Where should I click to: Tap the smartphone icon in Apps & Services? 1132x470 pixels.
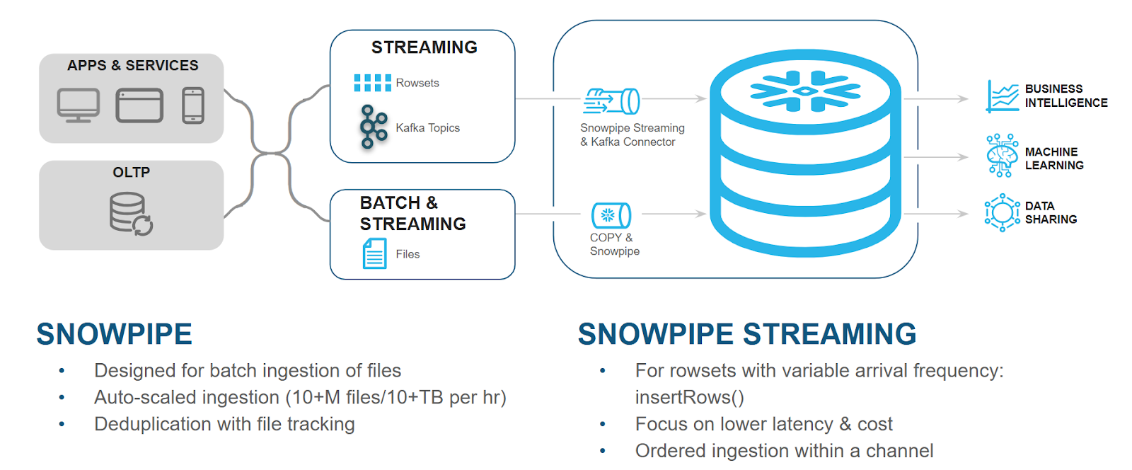(193, 105)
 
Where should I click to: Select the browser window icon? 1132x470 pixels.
(139, 105)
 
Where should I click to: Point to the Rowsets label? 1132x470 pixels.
(417, 83)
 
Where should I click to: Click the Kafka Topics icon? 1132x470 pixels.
(373, 127)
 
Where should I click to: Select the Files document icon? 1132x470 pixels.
(374, 253)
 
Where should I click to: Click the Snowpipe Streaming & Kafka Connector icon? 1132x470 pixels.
(611, 101)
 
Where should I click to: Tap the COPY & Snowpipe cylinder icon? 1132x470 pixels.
(611, 215)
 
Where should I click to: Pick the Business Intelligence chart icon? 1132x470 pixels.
(1003, 96)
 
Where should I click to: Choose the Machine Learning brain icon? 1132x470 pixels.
(1002, 155)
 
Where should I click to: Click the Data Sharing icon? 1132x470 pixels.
(1002, 212)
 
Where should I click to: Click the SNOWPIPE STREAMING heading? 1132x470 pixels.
(746, 334)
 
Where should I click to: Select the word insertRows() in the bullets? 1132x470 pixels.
(689, 398)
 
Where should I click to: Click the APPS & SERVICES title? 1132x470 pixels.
(132, 65)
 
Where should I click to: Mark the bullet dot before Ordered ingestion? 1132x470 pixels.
(603, 451)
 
